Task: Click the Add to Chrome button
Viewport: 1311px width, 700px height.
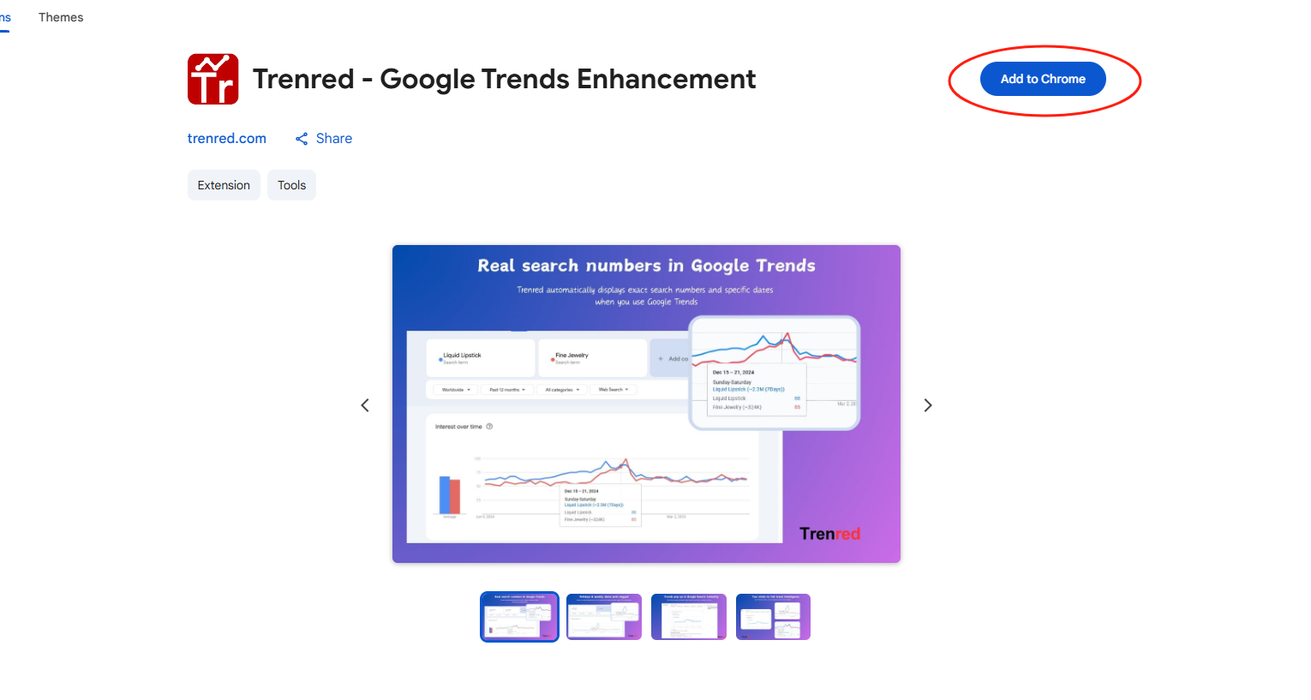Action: (1043, 79)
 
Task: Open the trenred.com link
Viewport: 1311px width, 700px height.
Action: (226, 139)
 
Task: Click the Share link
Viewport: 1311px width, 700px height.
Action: (333, 139)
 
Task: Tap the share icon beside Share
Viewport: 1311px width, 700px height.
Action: (302, 139)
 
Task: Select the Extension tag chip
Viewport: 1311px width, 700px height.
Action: (224, 185)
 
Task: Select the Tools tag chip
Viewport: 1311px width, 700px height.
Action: (291, 185)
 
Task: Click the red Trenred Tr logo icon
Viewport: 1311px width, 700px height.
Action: (213, 79)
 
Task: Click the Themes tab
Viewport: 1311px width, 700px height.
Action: (61, 17)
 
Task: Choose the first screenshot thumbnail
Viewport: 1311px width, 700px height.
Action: (519, 617)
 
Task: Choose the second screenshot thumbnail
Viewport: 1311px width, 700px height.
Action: (604, 617)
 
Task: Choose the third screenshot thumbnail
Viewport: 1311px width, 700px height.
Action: (689, 617)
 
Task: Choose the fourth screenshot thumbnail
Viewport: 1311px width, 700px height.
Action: (773, 617)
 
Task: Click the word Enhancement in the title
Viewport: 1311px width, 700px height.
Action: (666, 79)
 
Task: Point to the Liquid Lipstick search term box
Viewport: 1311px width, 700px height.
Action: (481, 358)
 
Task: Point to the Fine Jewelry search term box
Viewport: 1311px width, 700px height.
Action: (592, 358)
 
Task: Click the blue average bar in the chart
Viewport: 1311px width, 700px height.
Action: (444, 494)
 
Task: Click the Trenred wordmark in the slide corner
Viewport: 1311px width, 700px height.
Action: (829, 534)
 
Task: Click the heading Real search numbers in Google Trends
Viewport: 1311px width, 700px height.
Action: (646, 266)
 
